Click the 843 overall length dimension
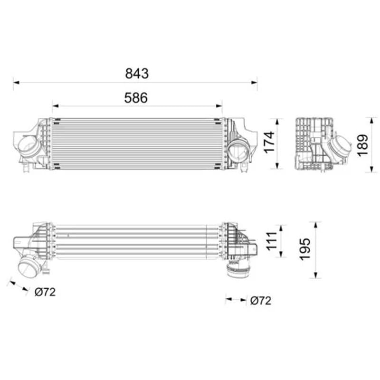tap(137, 74)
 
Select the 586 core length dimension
tap(136, 98)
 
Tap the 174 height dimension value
tap(269, 142)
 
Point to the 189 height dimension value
tap(363, 145)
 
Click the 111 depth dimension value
tap(272, 241)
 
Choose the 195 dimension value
tap(305, 249)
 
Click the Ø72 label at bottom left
tap(45, 292)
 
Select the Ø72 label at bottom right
tap(261, 301)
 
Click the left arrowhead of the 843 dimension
tap(16, 83)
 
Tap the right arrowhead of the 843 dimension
tap(254, 83)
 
